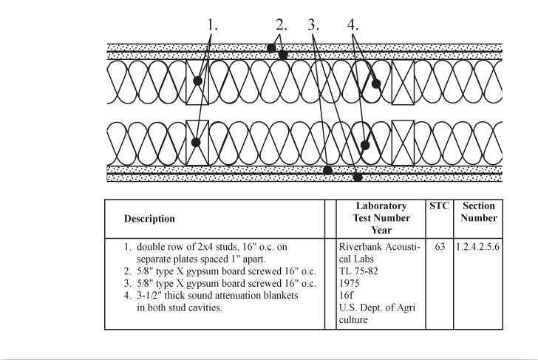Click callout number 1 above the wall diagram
212,25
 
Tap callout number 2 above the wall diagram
282,25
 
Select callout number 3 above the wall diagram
313,25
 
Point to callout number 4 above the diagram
353,25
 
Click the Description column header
149,219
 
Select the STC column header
439,206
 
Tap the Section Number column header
479,211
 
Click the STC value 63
440,247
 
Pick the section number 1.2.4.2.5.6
477,247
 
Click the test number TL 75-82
358,271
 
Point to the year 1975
349,283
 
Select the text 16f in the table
346,296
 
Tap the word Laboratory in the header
381,206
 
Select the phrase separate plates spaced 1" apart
202,259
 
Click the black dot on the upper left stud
197,81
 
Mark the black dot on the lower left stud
196,143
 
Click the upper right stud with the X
403,82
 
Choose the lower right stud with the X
403,143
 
